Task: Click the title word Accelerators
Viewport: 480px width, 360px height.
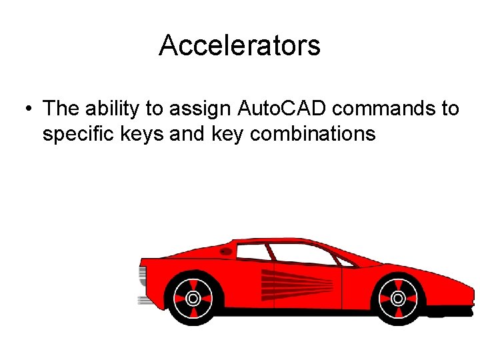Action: point(239,45)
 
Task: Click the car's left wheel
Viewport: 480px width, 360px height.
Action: point(193,297)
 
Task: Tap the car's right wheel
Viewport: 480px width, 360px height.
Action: point(398,296)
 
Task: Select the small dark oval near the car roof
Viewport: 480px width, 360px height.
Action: point(226,251)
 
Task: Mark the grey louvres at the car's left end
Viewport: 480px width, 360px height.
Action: point(143,275)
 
